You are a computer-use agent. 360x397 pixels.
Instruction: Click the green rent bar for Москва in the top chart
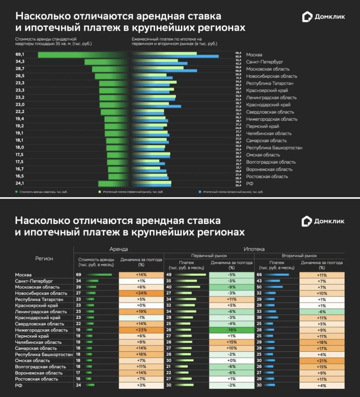[83, 55]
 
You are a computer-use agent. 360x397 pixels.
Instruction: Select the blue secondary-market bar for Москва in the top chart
[175, 57]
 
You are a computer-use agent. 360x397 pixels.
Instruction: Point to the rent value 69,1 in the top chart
[20, 54]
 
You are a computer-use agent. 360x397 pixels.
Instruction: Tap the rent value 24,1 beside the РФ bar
[20, 183]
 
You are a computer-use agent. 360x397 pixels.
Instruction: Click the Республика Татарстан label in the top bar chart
[269, 83]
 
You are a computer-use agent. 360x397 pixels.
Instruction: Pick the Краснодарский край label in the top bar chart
[268, 105]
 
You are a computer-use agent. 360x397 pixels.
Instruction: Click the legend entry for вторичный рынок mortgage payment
[231, 192]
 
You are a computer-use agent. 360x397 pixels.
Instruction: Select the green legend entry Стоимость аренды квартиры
[41, 192]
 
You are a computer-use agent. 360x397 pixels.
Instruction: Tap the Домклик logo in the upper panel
[324, 17]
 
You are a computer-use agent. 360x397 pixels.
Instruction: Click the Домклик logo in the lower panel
[323, 221]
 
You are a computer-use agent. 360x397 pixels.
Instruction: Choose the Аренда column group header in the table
[118, 249]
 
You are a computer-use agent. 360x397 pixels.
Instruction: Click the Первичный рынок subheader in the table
[209, 256]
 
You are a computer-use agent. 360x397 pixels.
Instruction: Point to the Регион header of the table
[44, 259]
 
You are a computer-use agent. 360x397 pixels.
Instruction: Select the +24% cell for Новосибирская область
[141, 293]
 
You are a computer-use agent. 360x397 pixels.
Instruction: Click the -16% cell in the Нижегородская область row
[231, 330]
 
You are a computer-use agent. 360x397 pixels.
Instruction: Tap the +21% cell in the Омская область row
[322, 361]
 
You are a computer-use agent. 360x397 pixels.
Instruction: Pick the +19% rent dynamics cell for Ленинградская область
[141, 312]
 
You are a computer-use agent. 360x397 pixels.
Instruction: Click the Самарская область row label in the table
[36, 348]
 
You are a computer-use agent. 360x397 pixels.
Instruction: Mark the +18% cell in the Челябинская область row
[322, 342]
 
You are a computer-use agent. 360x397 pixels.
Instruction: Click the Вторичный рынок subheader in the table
[299, 256]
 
